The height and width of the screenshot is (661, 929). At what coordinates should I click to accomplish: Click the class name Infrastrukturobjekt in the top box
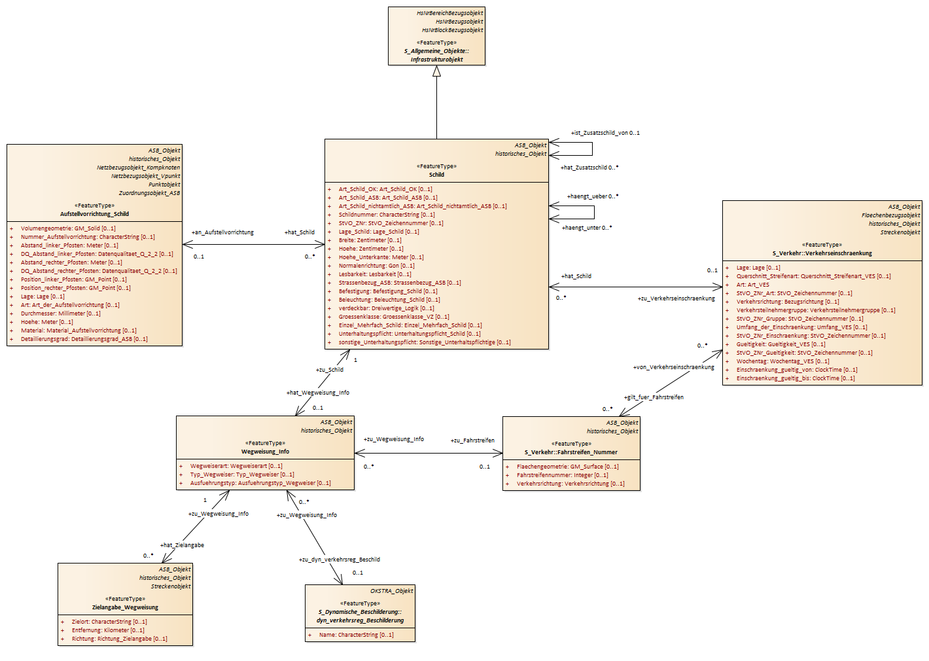pos(437,60)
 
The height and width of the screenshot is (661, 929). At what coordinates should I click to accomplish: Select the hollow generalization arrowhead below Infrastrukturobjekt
pos(437,71)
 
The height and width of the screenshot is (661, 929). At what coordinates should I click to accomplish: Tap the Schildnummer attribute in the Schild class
pos(387,215)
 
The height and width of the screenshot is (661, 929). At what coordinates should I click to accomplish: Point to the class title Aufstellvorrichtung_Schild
pos(95,214)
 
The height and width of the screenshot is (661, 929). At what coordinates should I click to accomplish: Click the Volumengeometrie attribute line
pos(69,228)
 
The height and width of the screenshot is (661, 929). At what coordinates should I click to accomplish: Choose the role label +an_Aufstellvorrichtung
pos(222,232)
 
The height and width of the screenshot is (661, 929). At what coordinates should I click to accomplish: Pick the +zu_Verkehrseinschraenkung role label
pos(676,298)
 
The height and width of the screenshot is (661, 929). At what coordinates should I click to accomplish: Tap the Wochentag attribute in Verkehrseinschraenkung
pos(783,361)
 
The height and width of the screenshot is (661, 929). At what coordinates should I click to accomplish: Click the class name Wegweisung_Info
pos(266,452)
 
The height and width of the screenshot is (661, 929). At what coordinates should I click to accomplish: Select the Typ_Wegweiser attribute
pos(242,474)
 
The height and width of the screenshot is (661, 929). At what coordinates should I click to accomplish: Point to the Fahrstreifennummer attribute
pos(563,475)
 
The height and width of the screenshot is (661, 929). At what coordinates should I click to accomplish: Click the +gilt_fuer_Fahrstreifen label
pos(654,397)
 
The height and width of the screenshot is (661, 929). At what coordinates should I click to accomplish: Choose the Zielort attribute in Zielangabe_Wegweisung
pos(109,622)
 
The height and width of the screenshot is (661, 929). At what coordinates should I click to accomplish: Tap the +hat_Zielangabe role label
pos(182,545)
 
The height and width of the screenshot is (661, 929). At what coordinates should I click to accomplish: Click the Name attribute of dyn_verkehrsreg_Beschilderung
pos(357,635)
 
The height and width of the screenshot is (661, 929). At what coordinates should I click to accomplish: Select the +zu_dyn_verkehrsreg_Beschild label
pos(340,560)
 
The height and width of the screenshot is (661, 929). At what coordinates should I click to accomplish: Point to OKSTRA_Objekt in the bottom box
pos(392,591)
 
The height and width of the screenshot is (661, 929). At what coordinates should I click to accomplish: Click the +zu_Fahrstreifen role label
pos(472,440)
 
